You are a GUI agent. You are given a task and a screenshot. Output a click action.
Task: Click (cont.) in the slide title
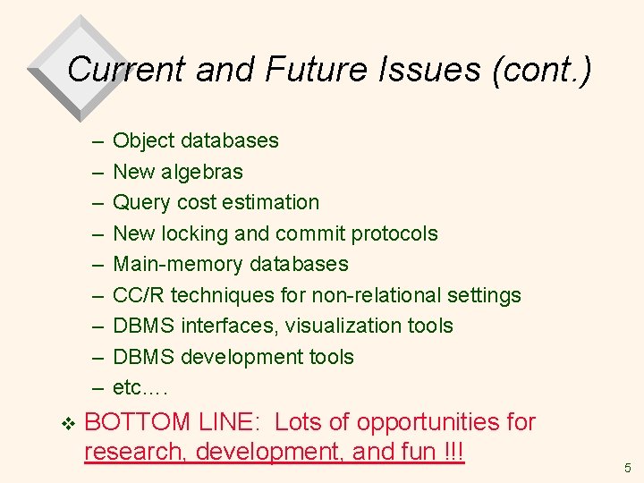[542, 69]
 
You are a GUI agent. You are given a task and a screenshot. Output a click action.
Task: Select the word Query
[138, 202]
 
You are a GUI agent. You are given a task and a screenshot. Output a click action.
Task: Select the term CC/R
[139, 295]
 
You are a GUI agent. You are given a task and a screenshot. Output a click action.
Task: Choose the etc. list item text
[140, 388]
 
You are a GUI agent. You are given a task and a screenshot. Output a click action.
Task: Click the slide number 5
[627, 467]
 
